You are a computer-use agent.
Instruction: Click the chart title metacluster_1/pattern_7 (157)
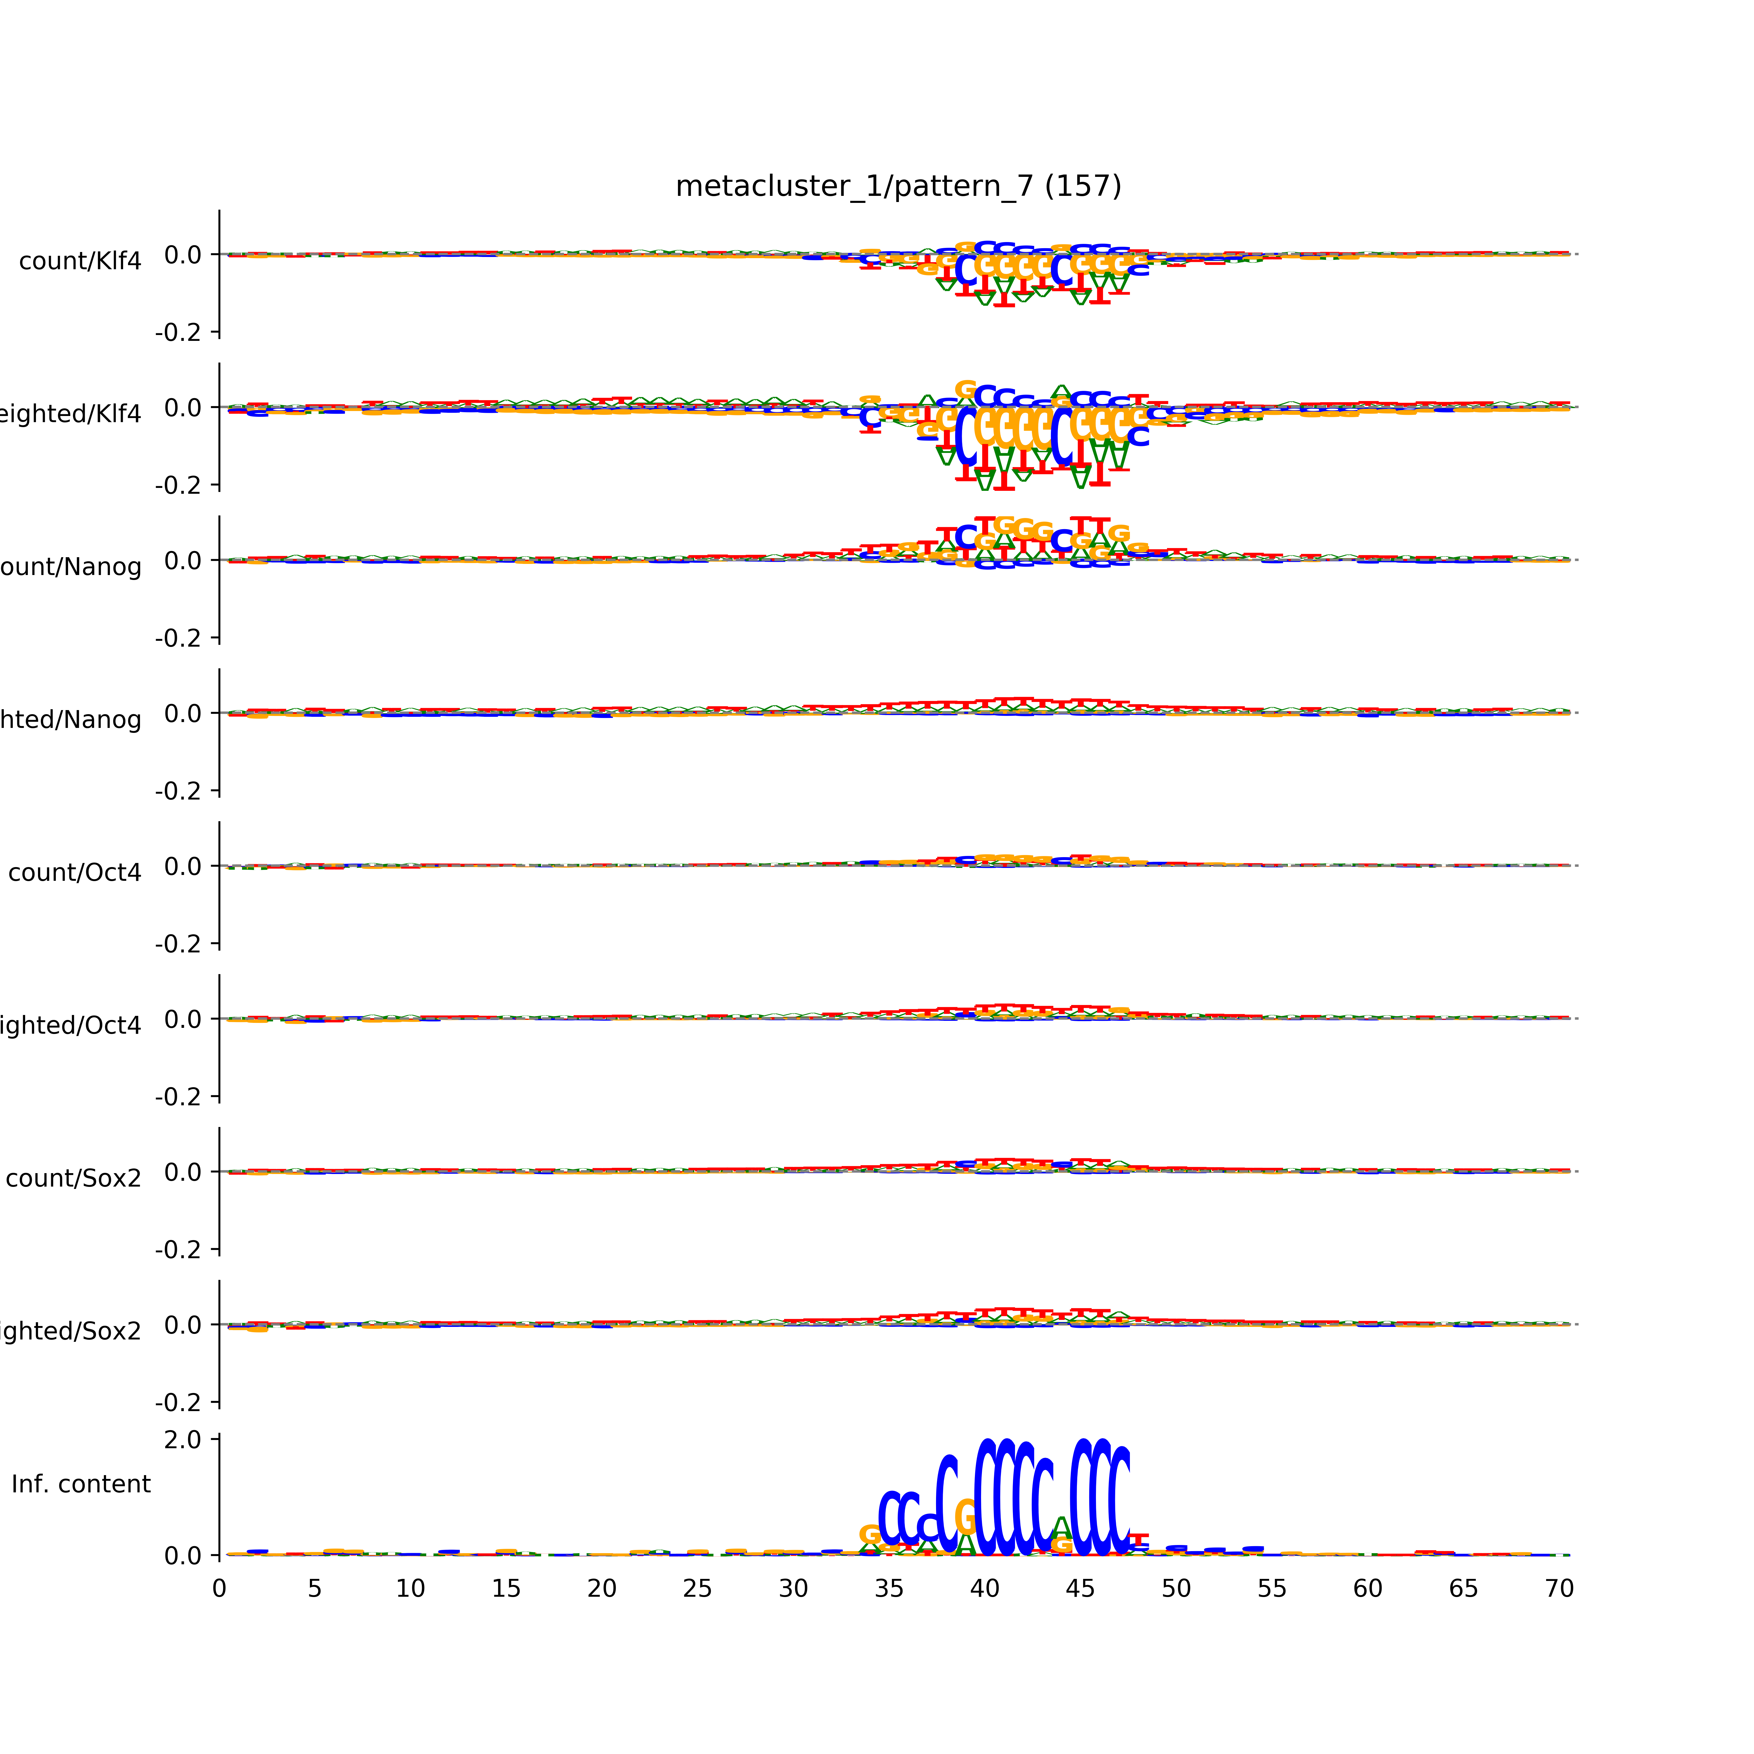click(x=898, y=186)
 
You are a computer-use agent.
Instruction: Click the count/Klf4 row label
click(x=80, y=261)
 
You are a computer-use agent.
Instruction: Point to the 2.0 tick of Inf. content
click(x=182, y=1440)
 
